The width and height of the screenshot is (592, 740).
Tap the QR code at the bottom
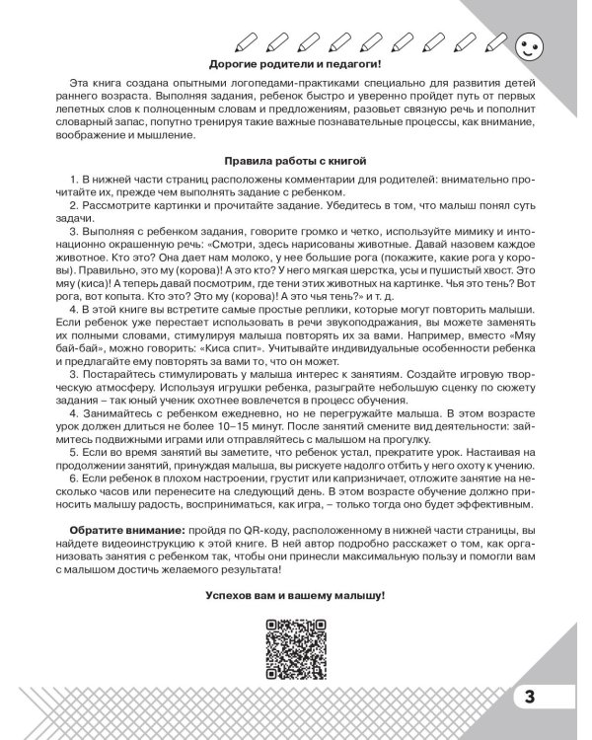[x=296, y=647]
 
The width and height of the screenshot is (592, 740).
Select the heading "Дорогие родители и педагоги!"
[x=296, y=64]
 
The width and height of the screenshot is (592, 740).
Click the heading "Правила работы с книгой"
[x=296, y=159]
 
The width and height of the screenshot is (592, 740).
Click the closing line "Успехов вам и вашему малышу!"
[x=296, y=596]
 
